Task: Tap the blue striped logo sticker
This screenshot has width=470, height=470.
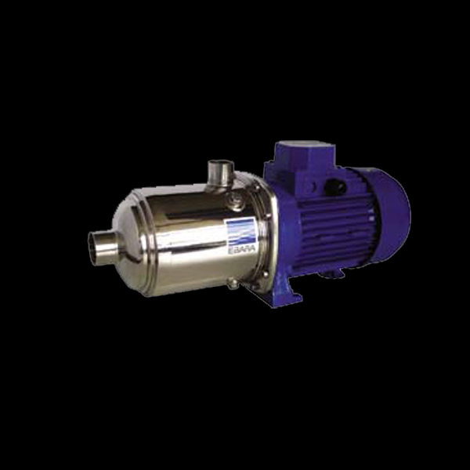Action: pyautogui.click(x=241, y=231)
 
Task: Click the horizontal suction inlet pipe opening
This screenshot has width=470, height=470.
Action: pyautogui.click(x=92, y=248)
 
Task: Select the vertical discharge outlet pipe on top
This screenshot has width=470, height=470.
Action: pyautogui.click(x=221, y=173)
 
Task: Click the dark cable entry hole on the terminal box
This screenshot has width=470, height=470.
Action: pyautogui.click(x=335, y=187)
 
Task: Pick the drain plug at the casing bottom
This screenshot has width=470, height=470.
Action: pyautogui.click(x=233, y=284)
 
